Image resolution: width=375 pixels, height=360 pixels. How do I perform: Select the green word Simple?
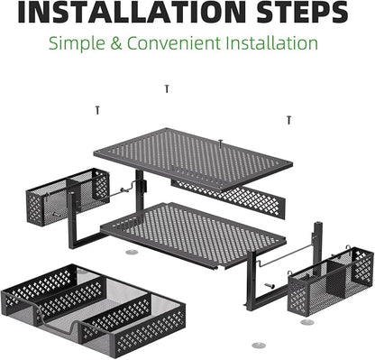tap(77, 44)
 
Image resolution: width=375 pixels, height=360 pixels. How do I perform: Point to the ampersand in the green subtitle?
tap(116, 43)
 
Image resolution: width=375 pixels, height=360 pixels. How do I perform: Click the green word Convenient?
tap(174, 43)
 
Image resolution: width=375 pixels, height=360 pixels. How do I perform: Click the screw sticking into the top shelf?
tap(221, 143)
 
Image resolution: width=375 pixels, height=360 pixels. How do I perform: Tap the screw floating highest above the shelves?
tap(167, 88)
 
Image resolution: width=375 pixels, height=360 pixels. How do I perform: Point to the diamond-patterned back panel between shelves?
tap(228, 197)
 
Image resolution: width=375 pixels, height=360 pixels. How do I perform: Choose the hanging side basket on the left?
tap(68, 196)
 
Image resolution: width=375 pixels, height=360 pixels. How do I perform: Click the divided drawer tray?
tap(93, 311)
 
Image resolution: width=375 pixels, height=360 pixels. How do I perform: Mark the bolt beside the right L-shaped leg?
tap(270, 285)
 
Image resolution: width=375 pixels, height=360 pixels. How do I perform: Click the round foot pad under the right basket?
tap(307, 322)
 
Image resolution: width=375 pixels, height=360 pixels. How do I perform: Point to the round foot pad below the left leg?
tap(132, 252)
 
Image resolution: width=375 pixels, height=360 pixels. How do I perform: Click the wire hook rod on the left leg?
tap(120, 190)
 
